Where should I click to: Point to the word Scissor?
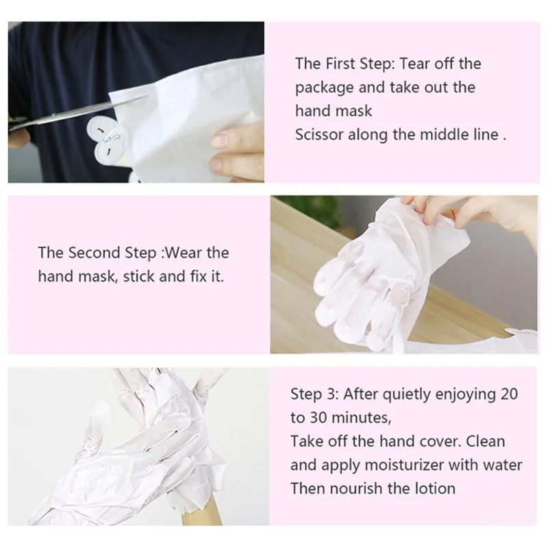coord(319,135)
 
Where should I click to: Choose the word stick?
coord(145,276)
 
